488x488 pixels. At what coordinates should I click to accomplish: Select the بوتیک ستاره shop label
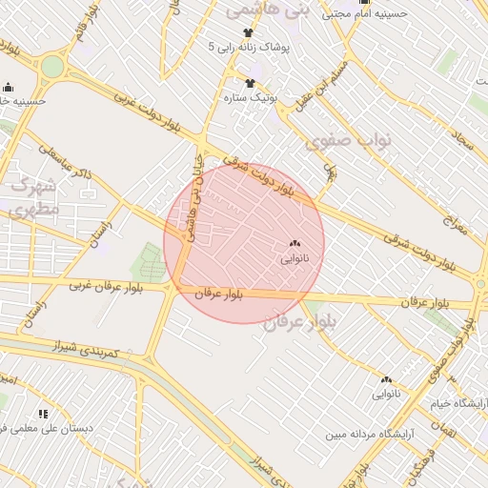[250, 98]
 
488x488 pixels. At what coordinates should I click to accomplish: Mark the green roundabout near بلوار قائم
[51, 67]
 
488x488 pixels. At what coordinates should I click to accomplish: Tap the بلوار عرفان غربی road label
[105, 285]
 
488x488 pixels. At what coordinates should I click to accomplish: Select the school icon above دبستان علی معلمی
[43, 414]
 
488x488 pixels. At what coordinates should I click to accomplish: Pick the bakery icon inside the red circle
[293, 244]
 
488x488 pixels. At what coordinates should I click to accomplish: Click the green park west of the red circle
[147, 262]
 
